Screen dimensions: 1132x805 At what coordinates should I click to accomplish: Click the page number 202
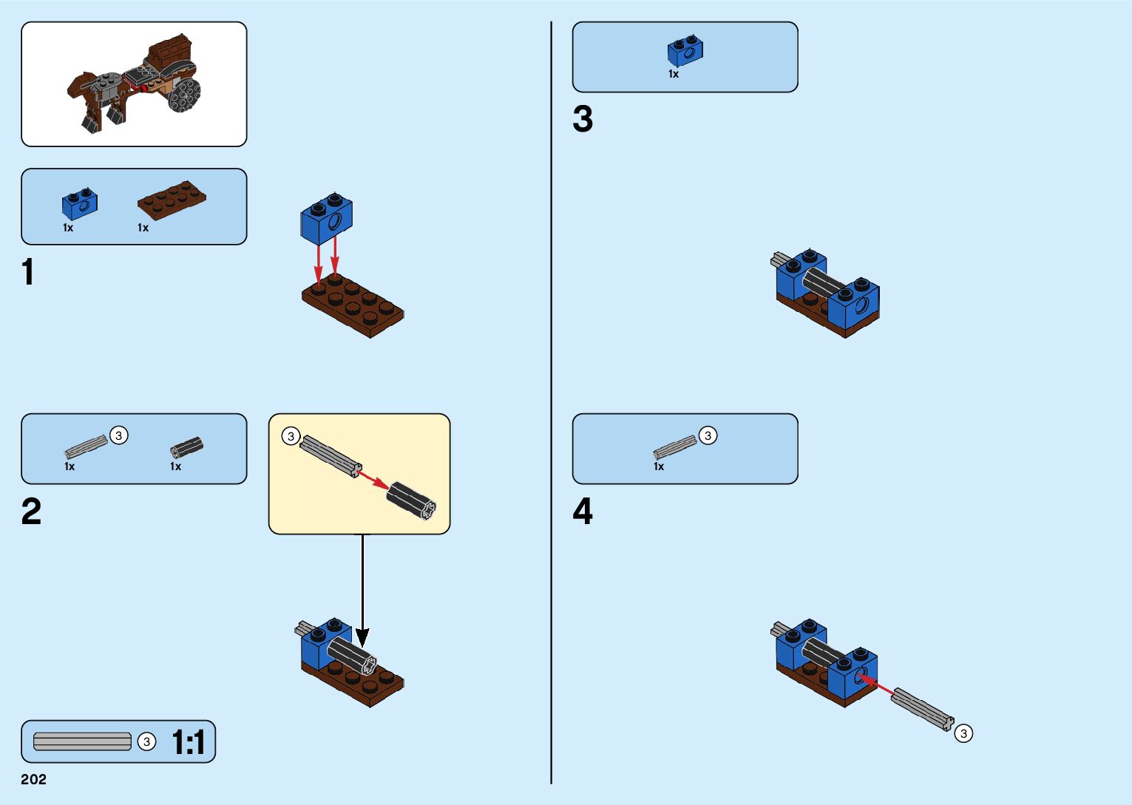[x=34, y=779]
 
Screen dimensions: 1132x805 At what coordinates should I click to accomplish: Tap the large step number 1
[x=28, y=272]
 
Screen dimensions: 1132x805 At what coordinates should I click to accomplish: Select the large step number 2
[x=31, y=512]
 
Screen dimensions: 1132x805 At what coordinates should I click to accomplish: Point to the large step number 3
[x=583, y=120]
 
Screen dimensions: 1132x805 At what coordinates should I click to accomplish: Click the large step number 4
[x=583, y=512]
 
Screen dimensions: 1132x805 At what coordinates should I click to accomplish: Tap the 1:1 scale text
[x=188, y=742]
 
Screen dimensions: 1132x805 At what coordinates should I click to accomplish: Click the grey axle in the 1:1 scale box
[x=82, y=741]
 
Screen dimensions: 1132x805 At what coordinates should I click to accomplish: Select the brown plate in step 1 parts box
[x=172, y=200]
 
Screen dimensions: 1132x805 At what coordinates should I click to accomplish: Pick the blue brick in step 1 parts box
[x=80, y=205]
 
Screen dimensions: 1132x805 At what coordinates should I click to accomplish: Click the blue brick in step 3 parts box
[x=685, y=51]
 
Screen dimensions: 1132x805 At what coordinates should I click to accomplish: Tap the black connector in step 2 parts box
[x=186, y=447]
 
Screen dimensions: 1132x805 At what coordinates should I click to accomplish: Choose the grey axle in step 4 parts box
[x=674, y=448]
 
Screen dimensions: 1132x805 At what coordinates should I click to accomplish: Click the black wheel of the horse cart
[x=184, y=95]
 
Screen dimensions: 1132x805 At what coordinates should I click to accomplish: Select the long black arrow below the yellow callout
[x=362, y=588]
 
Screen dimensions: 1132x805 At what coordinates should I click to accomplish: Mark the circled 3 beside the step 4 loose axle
[x=963, y=733]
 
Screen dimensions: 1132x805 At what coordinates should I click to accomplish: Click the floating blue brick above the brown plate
[x=327, y=218]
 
